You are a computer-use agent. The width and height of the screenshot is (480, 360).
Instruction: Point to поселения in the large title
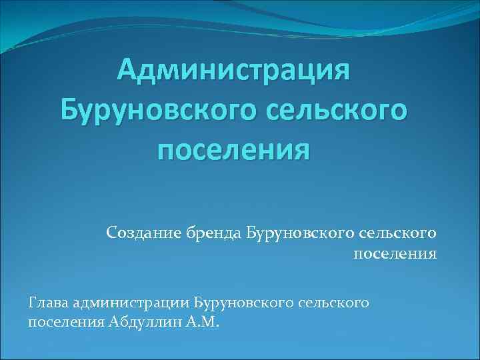(233, 151)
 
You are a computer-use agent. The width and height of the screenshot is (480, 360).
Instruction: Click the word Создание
(137, 233)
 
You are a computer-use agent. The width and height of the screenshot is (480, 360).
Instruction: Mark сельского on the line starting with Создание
(398, 233)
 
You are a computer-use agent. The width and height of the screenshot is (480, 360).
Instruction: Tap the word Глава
(47, 303)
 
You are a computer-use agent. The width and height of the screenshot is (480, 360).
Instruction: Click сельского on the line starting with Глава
(337, 303)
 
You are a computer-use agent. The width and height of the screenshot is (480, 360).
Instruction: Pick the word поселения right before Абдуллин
(65, 323)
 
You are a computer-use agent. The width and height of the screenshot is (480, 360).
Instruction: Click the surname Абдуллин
(145, 323)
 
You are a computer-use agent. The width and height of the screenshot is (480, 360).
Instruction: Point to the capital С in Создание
(110, 233)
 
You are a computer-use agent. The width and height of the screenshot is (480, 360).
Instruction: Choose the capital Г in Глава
(33, 303)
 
